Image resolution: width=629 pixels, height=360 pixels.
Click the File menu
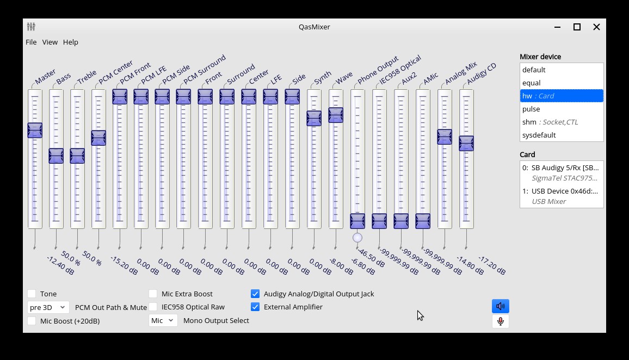[31, 42]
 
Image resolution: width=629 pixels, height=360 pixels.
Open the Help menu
[71, 42]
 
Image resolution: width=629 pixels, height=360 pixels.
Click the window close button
[596, 27]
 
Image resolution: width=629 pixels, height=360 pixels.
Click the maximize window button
[577, 27]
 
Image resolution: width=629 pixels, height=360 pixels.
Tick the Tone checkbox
[32, 294]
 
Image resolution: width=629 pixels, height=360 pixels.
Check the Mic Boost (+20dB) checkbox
[32, 321]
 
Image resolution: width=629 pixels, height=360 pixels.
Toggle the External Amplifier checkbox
[255, 307]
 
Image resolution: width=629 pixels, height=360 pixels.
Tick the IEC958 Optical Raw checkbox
[153, 307]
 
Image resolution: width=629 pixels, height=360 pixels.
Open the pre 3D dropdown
[48, 307]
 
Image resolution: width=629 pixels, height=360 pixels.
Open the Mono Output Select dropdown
[163, 320]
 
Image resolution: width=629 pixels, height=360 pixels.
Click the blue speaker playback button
[500, 306]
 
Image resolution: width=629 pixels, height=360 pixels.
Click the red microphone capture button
[500, 321]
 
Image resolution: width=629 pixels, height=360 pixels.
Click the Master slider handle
[35, 130]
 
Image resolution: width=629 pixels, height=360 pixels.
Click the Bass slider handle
[56, 156]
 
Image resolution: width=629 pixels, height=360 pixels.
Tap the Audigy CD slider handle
[466, 143]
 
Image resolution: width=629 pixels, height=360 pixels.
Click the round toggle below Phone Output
[357, 238]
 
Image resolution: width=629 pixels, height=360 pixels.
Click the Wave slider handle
[336, 115]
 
